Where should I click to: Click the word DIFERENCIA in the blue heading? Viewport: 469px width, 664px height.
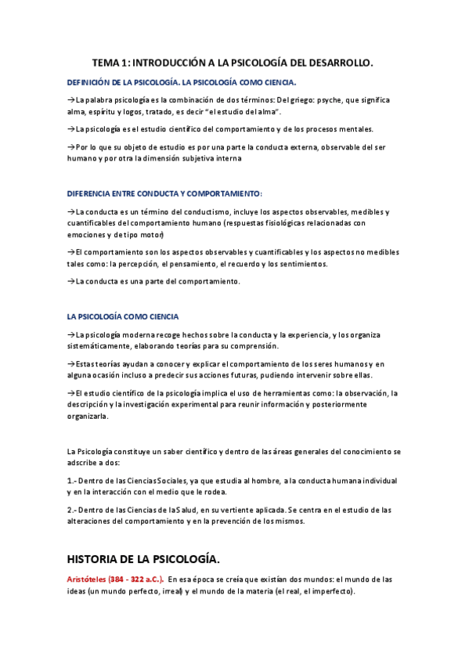tap(92, 193)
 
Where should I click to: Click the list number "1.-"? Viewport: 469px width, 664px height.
tap(73, 480)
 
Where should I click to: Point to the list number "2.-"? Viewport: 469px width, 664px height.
tap(73, 510)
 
